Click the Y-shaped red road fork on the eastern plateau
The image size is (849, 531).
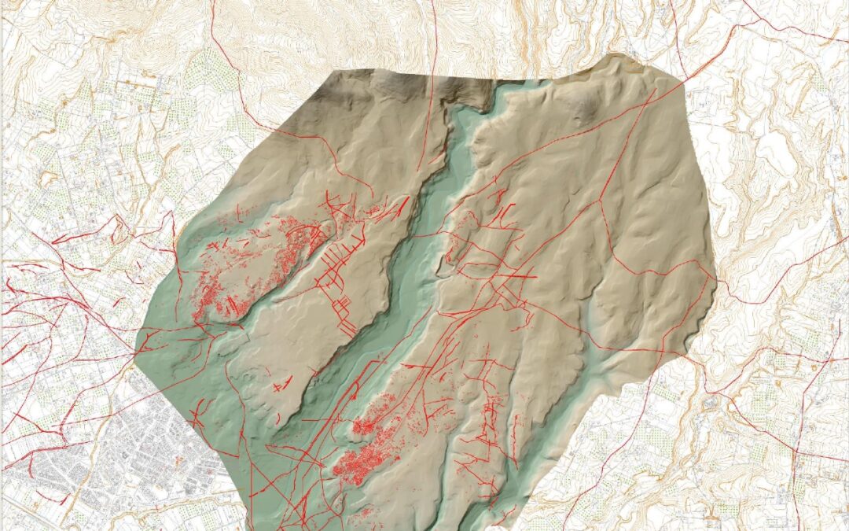point(601,201)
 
